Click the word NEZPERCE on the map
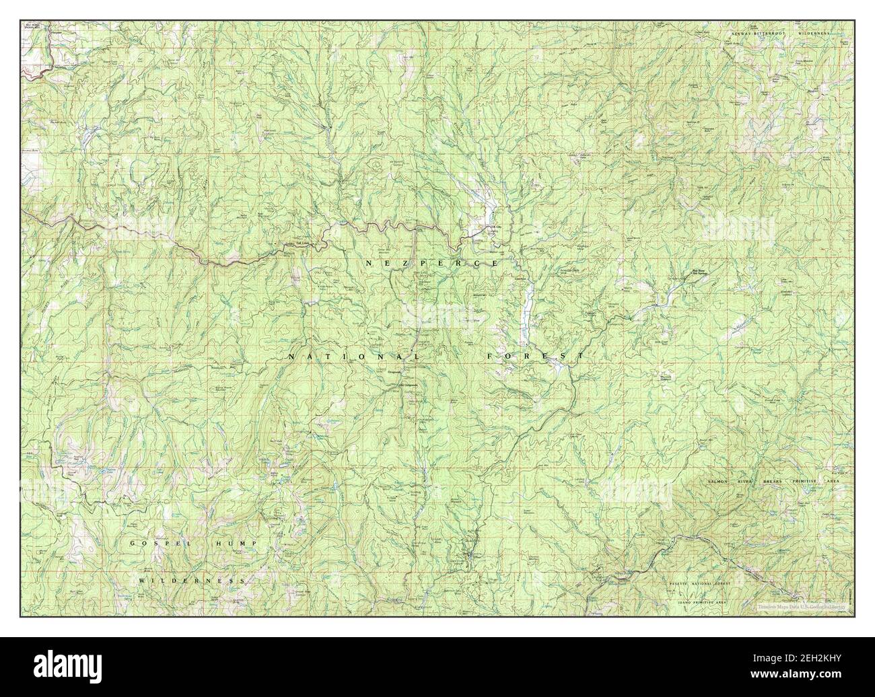click(x=432, y=263)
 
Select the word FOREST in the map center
click(x=536, y=355)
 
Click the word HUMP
click(x=236, y=543)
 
